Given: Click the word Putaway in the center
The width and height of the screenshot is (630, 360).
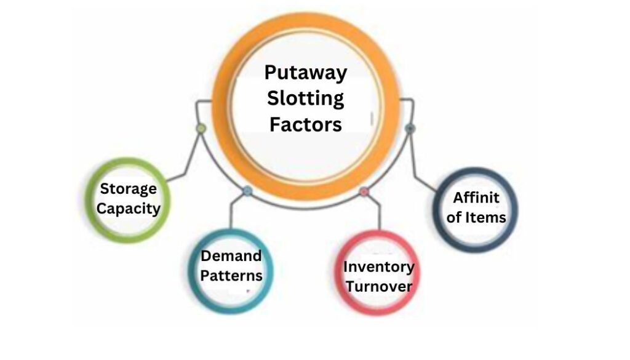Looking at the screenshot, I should pos(306,73).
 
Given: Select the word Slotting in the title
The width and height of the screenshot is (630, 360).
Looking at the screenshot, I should pos(306,98).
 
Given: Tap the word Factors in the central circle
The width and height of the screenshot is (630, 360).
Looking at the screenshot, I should pos(306,125).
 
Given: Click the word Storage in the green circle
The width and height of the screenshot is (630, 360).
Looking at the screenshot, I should pos(129,189).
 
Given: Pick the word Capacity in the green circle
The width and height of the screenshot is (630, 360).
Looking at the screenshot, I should pos(129,208).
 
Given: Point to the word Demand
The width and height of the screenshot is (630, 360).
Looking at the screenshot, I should pos(231,256).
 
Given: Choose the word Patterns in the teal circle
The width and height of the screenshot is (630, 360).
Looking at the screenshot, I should pos(231,275).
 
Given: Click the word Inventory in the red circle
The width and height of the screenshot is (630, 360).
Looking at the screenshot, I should pos(378,267).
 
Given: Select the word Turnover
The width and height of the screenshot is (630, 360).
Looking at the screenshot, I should pos(378,286).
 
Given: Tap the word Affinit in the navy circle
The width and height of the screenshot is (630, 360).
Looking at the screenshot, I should pos(476,198).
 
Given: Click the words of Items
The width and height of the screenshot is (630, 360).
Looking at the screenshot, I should pos(476,217).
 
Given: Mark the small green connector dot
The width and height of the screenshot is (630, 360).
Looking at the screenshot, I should pos(201,129).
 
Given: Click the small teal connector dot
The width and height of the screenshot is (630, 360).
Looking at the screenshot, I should pos(247,191).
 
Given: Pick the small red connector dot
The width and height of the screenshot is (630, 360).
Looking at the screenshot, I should pos(364,191).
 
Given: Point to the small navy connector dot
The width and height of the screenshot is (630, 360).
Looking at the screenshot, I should pos(410,128).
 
